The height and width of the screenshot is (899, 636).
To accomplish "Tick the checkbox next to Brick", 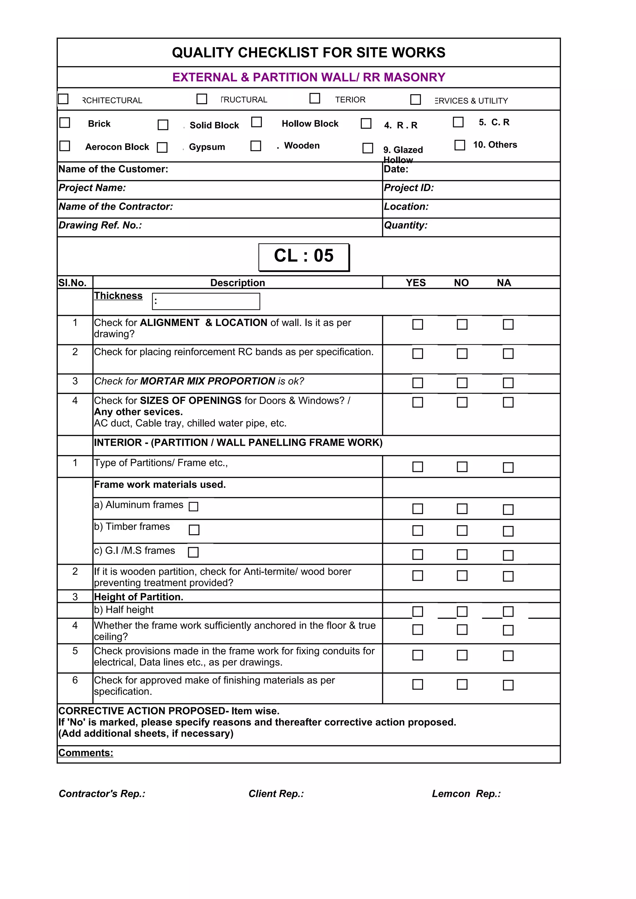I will pos(65,123).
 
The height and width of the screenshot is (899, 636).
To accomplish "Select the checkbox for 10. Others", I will pos(459,145).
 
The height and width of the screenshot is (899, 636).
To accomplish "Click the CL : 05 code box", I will pos(304,257).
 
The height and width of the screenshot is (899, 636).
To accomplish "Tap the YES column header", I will pos(416,283).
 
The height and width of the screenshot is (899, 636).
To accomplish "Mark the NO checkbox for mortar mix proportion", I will pos(462,382).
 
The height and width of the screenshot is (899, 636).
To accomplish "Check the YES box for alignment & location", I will pos(417,324).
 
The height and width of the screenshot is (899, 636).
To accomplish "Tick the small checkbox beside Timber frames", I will pos(194,530).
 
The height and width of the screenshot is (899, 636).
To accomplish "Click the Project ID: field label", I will pos(409,188).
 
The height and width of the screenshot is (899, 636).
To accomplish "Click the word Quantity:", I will pos(406,226).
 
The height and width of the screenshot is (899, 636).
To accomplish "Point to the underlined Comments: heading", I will pos(85,753).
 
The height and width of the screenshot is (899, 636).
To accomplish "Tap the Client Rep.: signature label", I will pos(276,794).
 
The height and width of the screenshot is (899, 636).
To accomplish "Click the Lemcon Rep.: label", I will pos(466,794).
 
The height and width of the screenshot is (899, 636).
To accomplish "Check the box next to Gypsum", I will pos(162,147).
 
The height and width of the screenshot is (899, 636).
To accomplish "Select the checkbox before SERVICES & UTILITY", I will pos(416,100).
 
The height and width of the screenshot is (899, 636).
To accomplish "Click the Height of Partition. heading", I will pos(138,597).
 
